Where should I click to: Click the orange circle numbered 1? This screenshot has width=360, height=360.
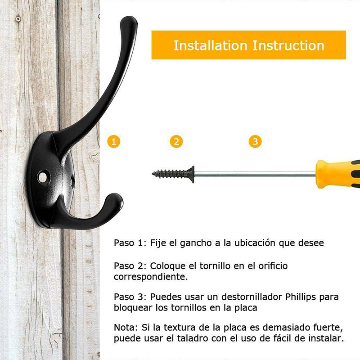pos(114,141)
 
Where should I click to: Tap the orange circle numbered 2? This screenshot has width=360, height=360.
pos(176,141)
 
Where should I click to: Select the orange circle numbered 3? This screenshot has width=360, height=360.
pos(255,141)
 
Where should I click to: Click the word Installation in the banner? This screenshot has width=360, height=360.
pos(210,45)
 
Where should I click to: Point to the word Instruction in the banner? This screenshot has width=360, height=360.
pos(288,45)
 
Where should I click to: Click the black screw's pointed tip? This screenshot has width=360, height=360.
pos(153,174)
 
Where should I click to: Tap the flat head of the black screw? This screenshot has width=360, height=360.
pos(192,175)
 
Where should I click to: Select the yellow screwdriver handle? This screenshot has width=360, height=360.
pos(337,174)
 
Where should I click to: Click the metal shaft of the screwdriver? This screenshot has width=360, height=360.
pos(255,175)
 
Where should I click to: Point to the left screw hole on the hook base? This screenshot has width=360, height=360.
pos(43,177)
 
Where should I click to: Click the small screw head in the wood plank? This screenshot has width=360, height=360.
pos(18,19)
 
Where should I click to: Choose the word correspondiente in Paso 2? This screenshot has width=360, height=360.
pos(151,277)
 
